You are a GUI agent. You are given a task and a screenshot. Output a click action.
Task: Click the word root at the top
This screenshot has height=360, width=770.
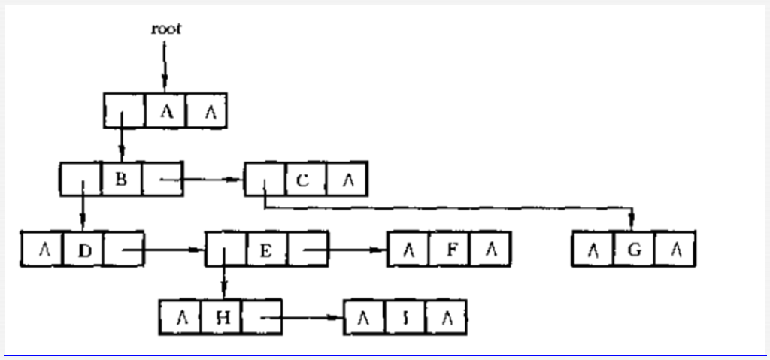[165, 29]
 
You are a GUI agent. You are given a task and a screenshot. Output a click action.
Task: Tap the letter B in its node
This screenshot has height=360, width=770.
[121, 180]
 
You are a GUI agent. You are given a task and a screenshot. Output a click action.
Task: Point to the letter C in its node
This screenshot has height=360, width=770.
[305, 180]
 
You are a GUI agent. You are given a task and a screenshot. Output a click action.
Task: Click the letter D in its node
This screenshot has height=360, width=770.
[83, 249]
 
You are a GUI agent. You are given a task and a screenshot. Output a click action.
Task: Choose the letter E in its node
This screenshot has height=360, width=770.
[265, 249]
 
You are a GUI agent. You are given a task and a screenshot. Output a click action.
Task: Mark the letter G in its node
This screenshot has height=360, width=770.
[634, 249]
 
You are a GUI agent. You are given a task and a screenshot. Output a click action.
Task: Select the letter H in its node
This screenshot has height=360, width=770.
[222, 317]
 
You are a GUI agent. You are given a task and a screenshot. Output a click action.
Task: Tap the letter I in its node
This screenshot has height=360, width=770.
[406, 317]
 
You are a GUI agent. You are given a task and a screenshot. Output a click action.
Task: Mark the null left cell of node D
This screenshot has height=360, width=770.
[43, 249]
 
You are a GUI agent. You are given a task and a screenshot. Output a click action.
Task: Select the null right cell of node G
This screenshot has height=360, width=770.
[675, 249]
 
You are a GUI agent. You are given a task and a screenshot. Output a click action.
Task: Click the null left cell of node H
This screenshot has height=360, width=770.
[180, 317]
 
